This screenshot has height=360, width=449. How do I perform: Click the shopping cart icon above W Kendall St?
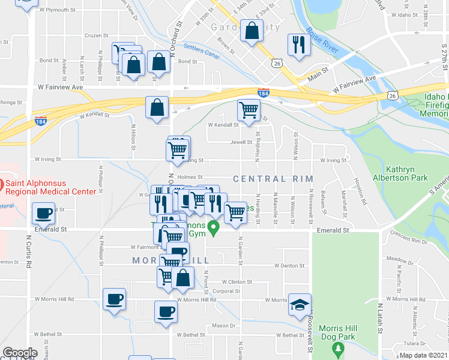(x=249, y=110)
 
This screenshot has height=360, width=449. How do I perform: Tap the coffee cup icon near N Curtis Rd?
(x=43, y=212)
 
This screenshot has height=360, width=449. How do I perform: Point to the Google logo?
(x=20, y=353)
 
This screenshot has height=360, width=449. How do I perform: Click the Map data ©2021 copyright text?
(x=423, y=355)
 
